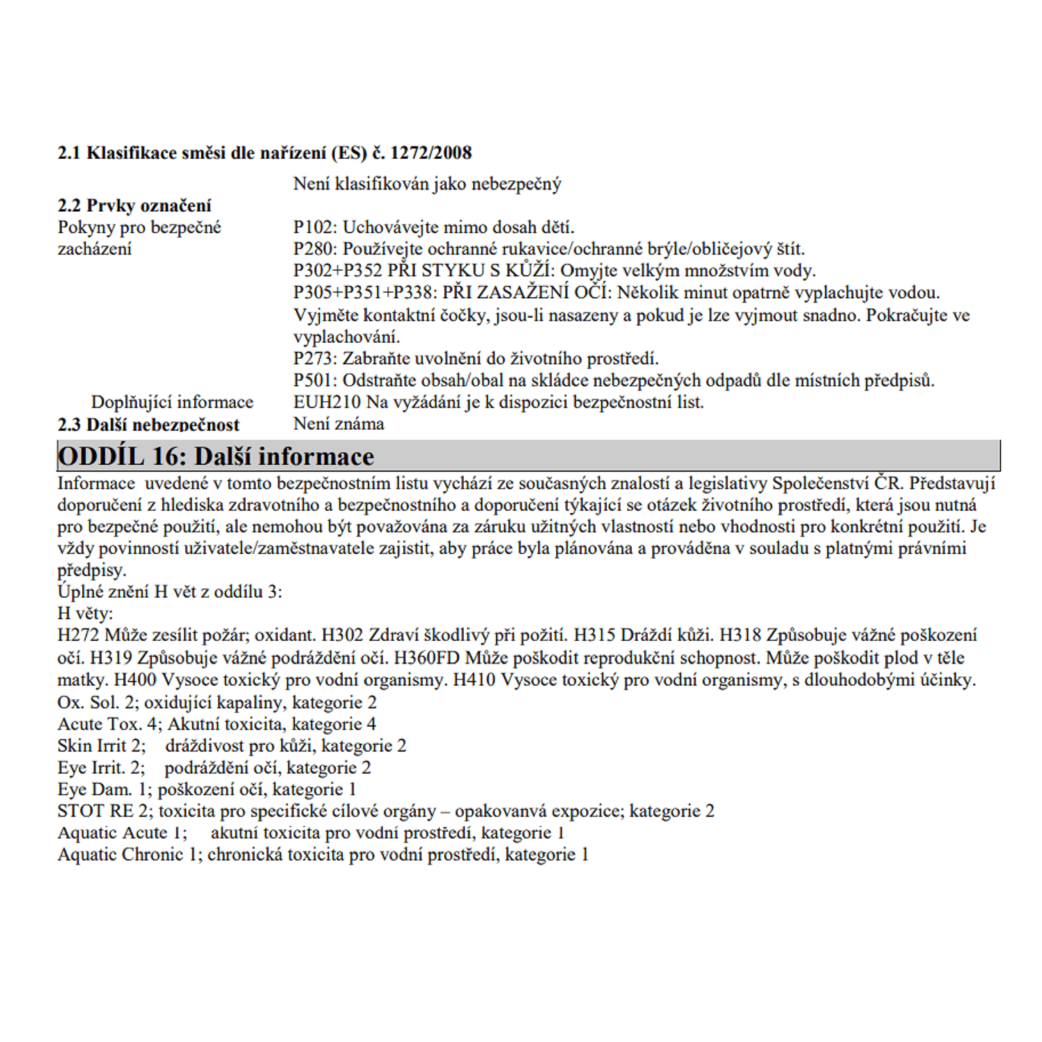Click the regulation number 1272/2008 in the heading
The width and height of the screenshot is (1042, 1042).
(x=431, y=153)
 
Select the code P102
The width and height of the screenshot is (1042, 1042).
(x=315, y=227)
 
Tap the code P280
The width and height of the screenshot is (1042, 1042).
(x=315, y=249)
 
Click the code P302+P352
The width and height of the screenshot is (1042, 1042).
(x=338, y=270)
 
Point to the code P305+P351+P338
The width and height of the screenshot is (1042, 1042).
(x=362, y=292)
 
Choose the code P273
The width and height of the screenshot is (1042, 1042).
(x=315, y=358)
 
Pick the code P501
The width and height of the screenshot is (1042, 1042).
(x=315, y=381)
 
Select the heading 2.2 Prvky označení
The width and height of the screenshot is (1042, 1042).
(x=134, y=206)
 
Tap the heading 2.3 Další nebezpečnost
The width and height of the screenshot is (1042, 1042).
(x=148, y=424)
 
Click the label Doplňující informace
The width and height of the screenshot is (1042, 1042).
(x=172, y=402)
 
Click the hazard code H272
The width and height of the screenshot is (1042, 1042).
(x=79, y=635)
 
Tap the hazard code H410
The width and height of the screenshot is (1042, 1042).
(x=474, y=679)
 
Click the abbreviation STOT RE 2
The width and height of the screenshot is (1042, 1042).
(x=106, y=811)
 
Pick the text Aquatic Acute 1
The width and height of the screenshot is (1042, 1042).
(x=122, y=833)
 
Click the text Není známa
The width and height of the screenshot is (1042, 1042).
(x=338, y=424)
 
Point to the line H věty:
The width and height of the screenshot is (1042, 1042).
(x=85, y=613)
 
